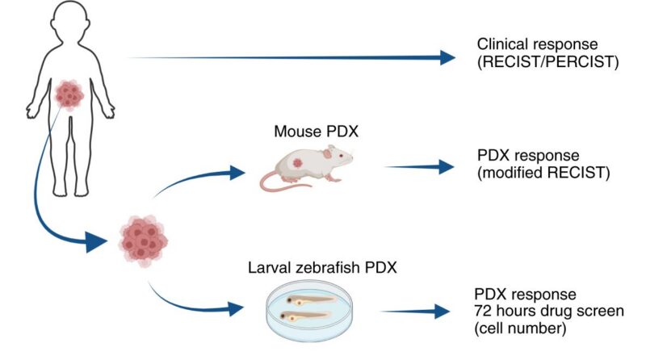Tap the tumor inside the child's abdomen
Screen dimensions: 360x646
tap(70, 95)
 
